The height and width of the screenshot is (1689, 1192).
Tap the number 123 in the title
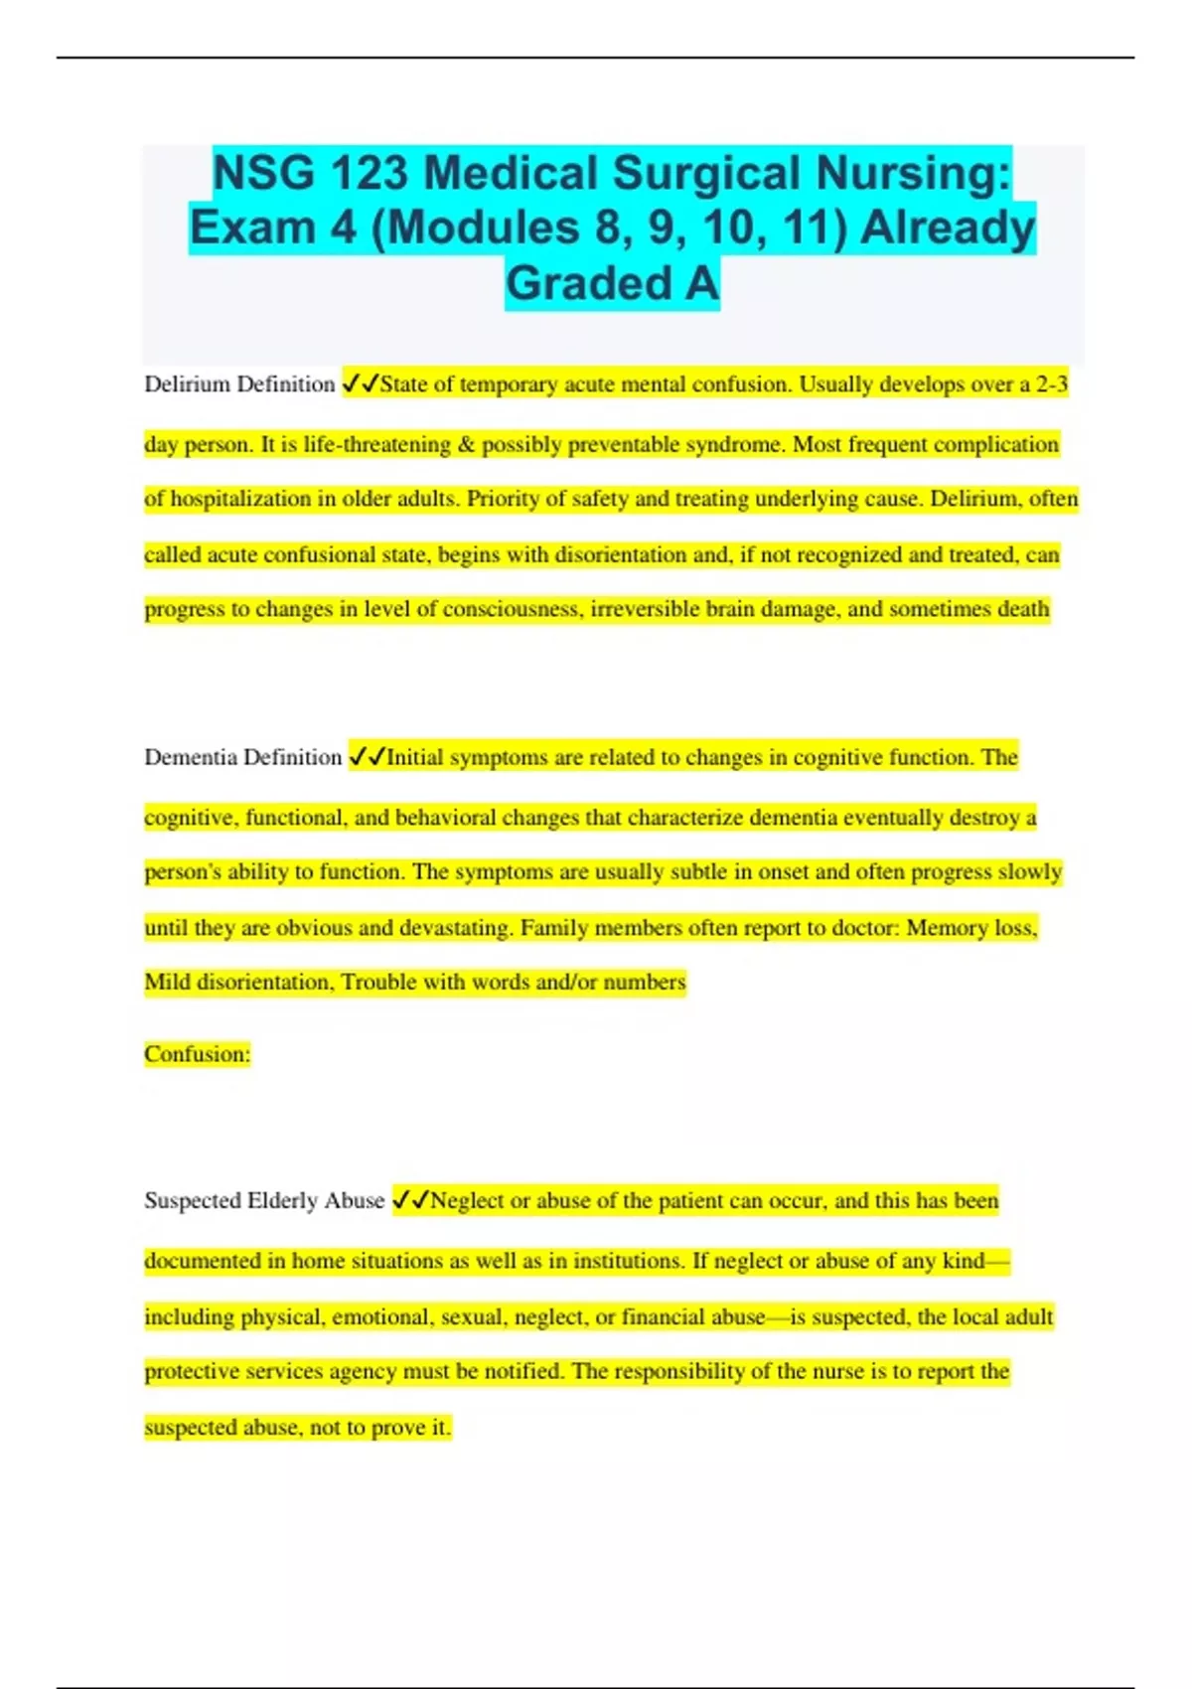point(369,173)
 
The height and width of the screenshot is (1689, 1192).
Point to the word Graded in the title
point(589,283)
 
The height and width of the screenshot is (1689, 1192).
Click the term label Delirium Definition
point(239,384)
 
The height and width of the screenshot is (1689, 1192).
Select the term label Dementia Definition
point(242,757)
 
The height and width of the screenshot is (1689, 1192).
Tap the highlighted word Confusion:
point(197,1054)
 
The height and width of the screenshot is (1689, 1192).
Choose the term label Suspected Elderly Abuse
point(264,1200)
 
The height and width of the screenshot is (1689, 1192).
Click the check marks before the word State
point(360,384)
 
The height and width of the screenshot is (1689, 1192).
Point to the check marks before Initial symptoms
point(367,757)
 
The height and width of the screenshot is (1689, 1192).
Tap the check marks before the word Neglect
point(411,1200)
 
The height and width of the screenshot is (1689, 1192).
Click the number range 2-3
point(1052,384)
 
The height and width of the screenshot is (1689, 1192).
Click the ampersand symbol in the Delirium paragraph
point(466,444)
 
